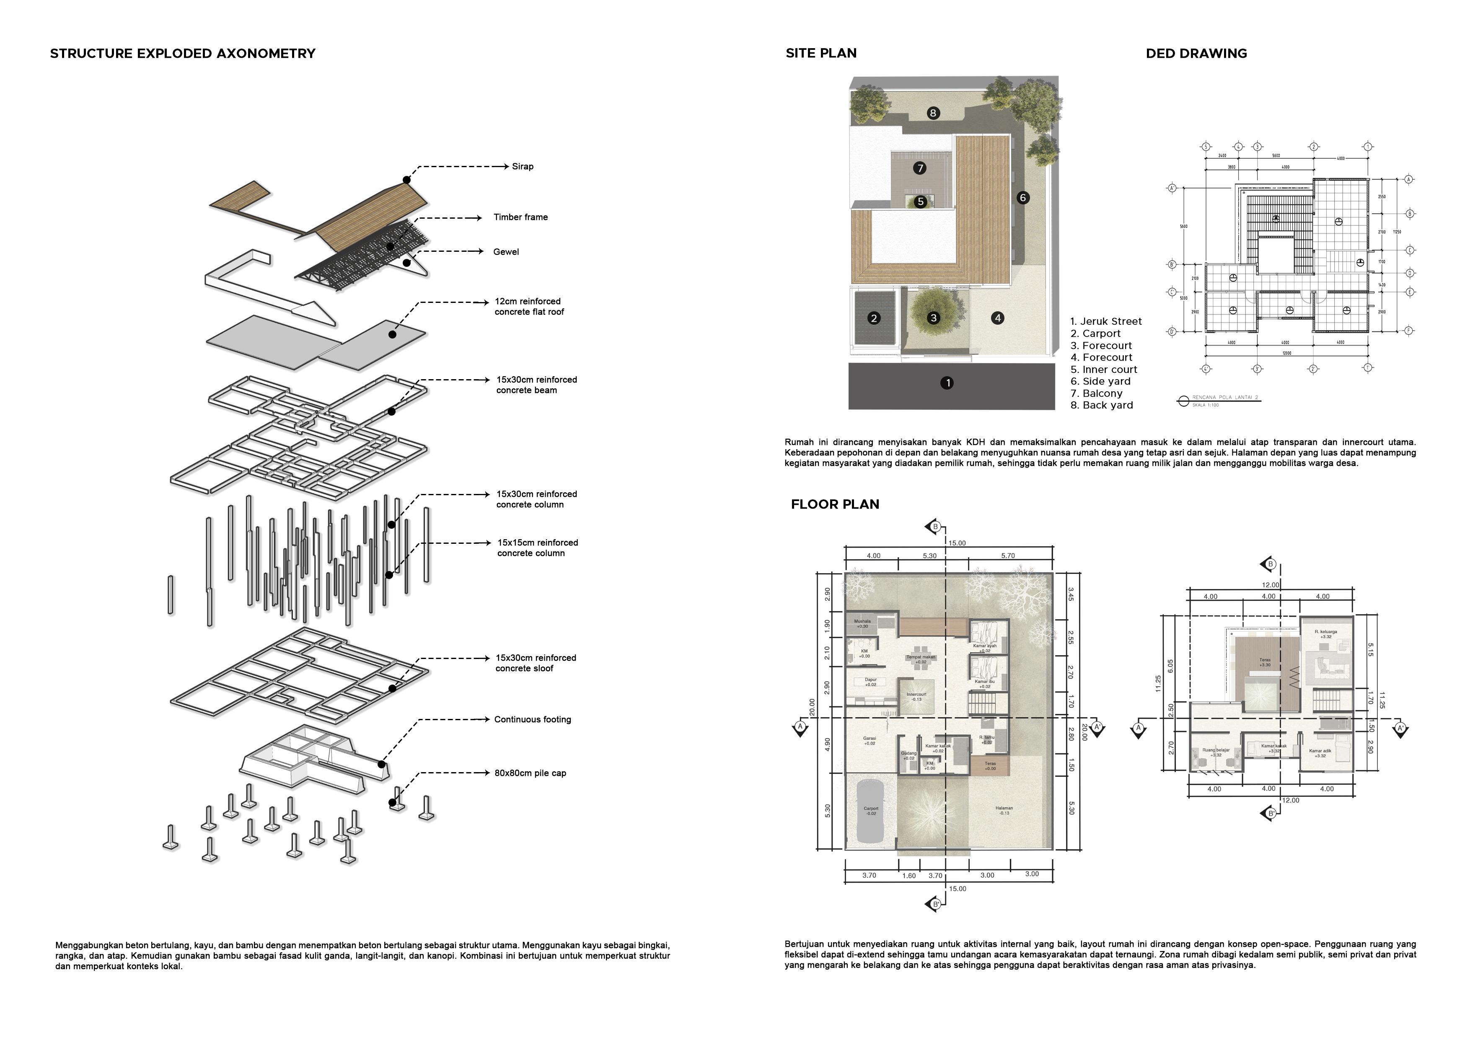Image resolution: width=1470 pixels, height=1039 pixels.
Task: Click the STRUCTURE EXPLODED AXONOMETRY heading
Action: [182, 54]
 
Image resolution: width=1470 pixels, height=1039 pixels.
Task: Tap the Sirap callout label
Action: [523, 166]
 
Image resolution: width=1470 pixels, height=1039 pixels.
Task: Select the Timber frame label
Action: [520, 217]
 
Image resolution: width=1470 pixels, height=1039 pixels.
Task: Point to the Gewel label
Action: [506, 252]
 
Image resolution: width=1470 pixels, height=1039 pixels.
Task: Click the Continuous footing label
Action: [532, 720]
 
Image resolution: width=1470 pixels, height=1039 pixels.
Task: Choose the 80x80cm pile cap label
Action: [530, 773]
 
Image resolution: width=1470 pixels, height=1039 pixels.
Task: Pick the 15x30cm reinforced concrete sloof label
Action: [535, 663]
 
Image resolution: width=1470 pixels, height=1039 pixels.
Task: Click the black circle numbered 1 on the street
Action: [947, 383]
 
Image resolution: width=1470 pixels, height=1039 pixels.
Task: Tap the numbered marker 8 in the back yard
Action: [933, 113]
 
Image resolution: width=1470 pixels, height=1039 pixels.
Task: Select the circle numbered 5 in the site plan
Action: [921, 202]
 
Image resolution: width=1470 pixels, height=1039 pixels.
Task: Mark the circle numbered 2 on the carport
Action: [874, 318]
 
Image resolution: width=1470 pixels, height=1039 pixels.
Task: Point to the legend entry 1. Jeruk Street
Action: [1106, 321]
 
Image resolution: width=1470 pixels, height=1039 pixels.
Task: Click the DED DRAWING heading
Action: [1196, 54]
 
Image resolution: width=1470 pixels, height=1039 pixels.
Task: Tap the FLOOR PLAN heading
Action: [835, 504]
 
